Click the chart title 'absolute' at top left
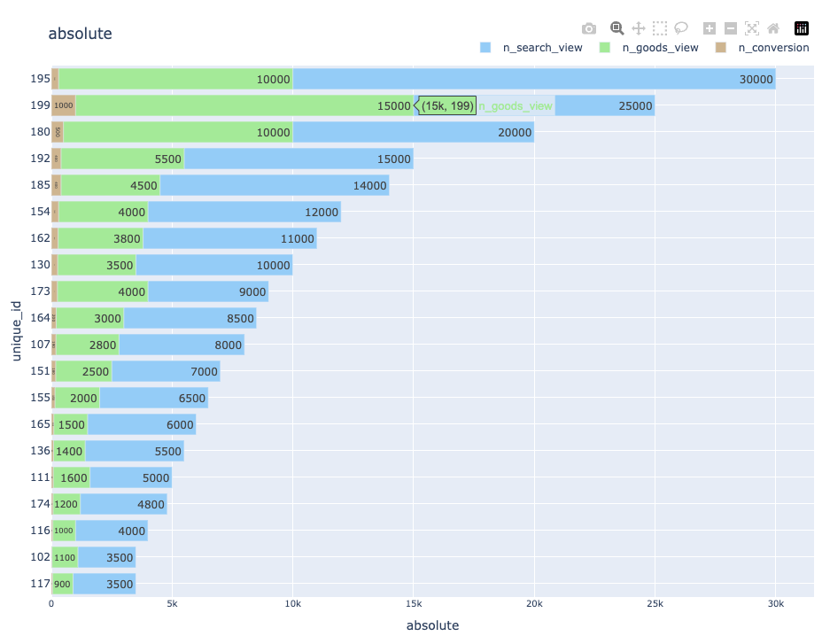pos(80,34)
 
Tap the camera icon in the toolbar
pos(589,28)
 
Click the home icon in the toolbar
pos(773,28)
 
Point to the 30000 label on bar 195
pos(756,80)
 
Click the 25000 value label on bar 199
pos(635,106)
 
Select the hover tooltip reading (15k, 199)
pos(447,106)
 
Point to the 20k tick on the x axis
pos(534,603)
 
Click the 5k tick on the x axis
pos(172,603)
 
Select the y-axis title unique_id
pos(16,330)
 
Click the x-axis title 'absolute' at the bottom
pos(432,625)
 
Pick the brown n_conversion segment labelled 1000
pos(63,106)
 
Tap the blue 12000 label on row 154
pos(321,213)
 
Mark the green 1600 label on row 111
pos(74,478)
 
